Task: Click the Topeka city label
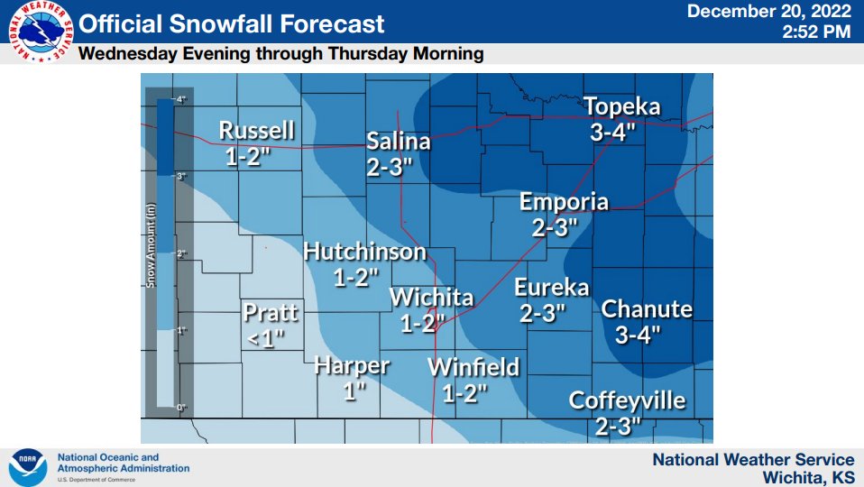coord(621,107)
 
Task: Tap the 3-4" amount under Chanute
coord(638,335)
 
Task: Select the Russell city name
coord(256,131)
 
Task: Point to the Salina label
coord(398,142)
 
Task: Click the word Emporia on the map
coord(564,202)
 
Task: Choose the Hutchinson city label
coord(364,253)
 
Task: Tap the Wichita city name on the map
coord(431,298)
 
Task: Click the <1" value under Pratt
coord(264,337)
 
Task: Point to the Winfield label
coord(473,367)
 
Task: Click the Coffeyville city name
coord(627,400)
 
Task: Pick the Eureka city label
coord(551,288)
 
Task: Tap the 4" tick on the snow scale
coord(180,99)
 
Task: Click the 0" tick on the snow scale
coord(180,408)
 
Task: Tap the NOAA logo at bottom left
coord(27,467)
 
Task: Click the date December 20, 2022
coord(769,12)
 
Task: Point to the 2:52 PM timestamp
coord(817,32)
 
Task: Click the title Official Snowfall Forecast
coord(233,24)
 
